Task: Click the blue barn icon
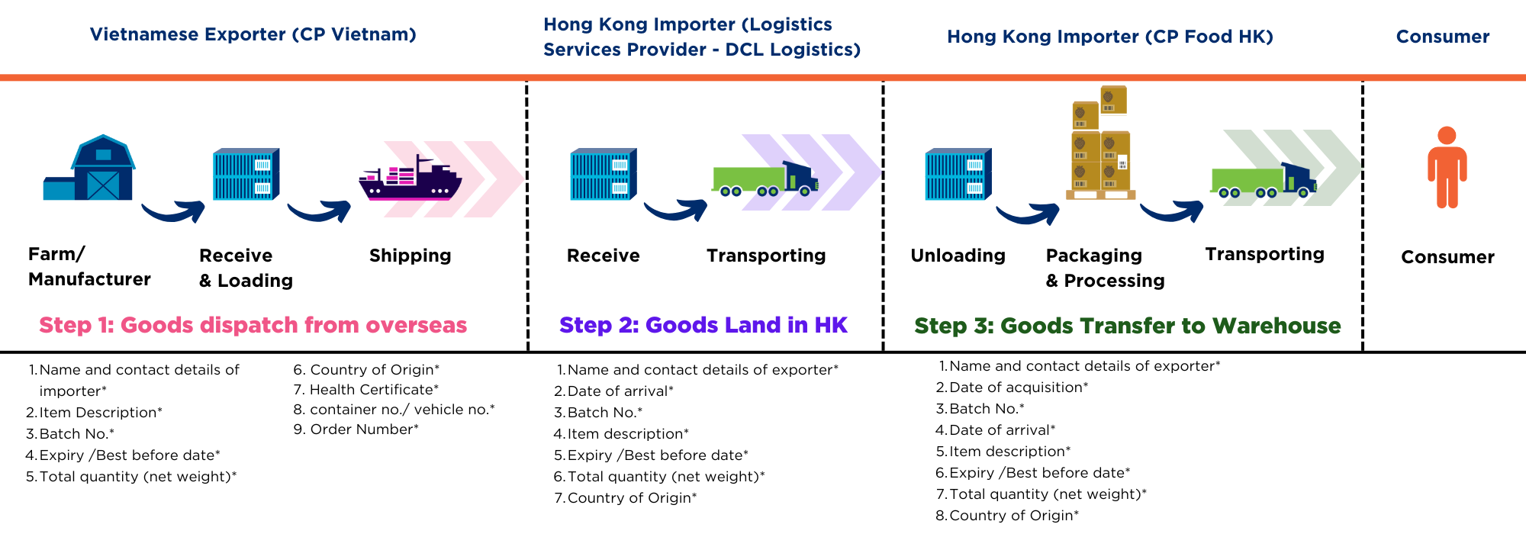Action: (90, 169)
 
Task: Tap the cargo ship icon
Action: (410, 179)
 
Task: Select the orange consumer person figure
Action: (1447, 168)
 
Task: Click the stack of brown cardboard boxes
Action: (1099, 145)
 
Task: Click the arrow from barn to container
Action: (174, 211)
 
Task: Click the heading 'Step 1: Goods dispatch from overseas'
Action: (253, 325)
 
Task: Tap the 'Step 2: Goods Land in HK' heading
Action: (703, 325)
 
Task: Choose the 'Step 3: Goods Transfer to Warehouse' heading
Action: (1127, 326)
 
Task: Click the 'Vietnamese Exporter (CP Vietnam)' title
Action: (253, 34)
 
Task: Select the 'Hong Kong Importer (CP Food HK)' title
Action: (1109, 37)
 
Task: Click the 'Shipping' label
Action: (410, 256)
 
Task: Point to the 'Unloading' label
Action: (958, 256)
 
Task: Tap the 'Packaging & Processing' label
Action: (1104, 268)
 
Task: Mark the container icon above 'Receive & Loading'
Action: (246, 174)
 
